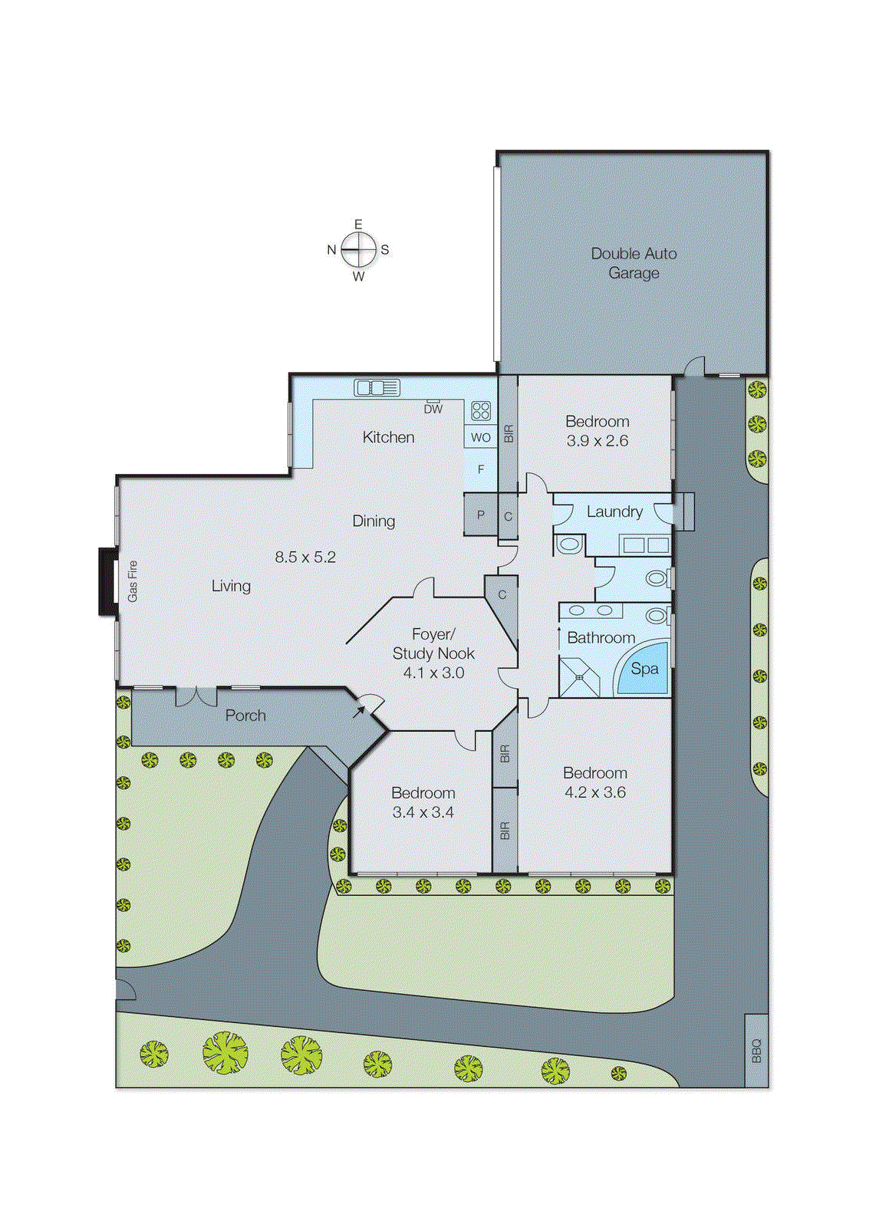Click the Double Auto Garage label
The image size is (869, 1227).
(x=634, y=263)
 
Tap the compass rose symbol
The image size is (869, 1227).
(x=359, y=249)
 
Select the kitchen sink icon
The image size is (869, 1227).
(x=377, y=388)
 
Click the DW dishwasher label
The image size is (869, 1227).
(x=433, y=410)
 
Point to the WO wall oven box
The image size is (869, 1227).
(x=481, y=437)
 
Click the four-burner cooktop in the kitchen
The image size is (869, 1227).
(x=481, y=411)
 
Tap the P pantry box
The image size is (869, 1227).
(x=481, y=515)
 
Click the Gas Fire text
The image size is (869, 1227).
(x=133, y=581)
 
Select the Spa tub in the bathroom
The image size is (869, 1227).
(x=644, y=669)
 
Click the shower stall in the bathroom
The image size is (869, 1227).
(x=579, y=676)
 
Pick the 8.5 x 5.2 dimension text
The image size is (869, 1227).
(x=305, y=557)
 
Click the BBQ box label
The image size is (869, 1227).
(x=756, y=1050)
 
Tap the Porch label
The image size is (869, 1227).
(x=245, y=715)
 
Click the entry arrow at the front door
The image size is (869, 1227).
(x=359, y=712)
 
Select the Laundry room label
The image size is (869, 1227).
(x=614, y=512)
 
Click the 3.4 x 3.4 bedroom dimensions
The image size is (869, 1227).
(x=423, y=812)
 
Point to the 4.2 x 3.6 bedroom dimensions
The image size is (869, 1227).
(x=595, y=792)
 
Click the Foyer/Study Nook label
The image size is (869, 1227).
(x=433, y=644)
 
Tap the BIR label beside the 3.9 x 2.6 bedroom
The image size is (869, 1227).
(x=509, y=434)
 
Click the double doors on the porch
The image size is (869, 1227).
(x=197, y=696)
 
